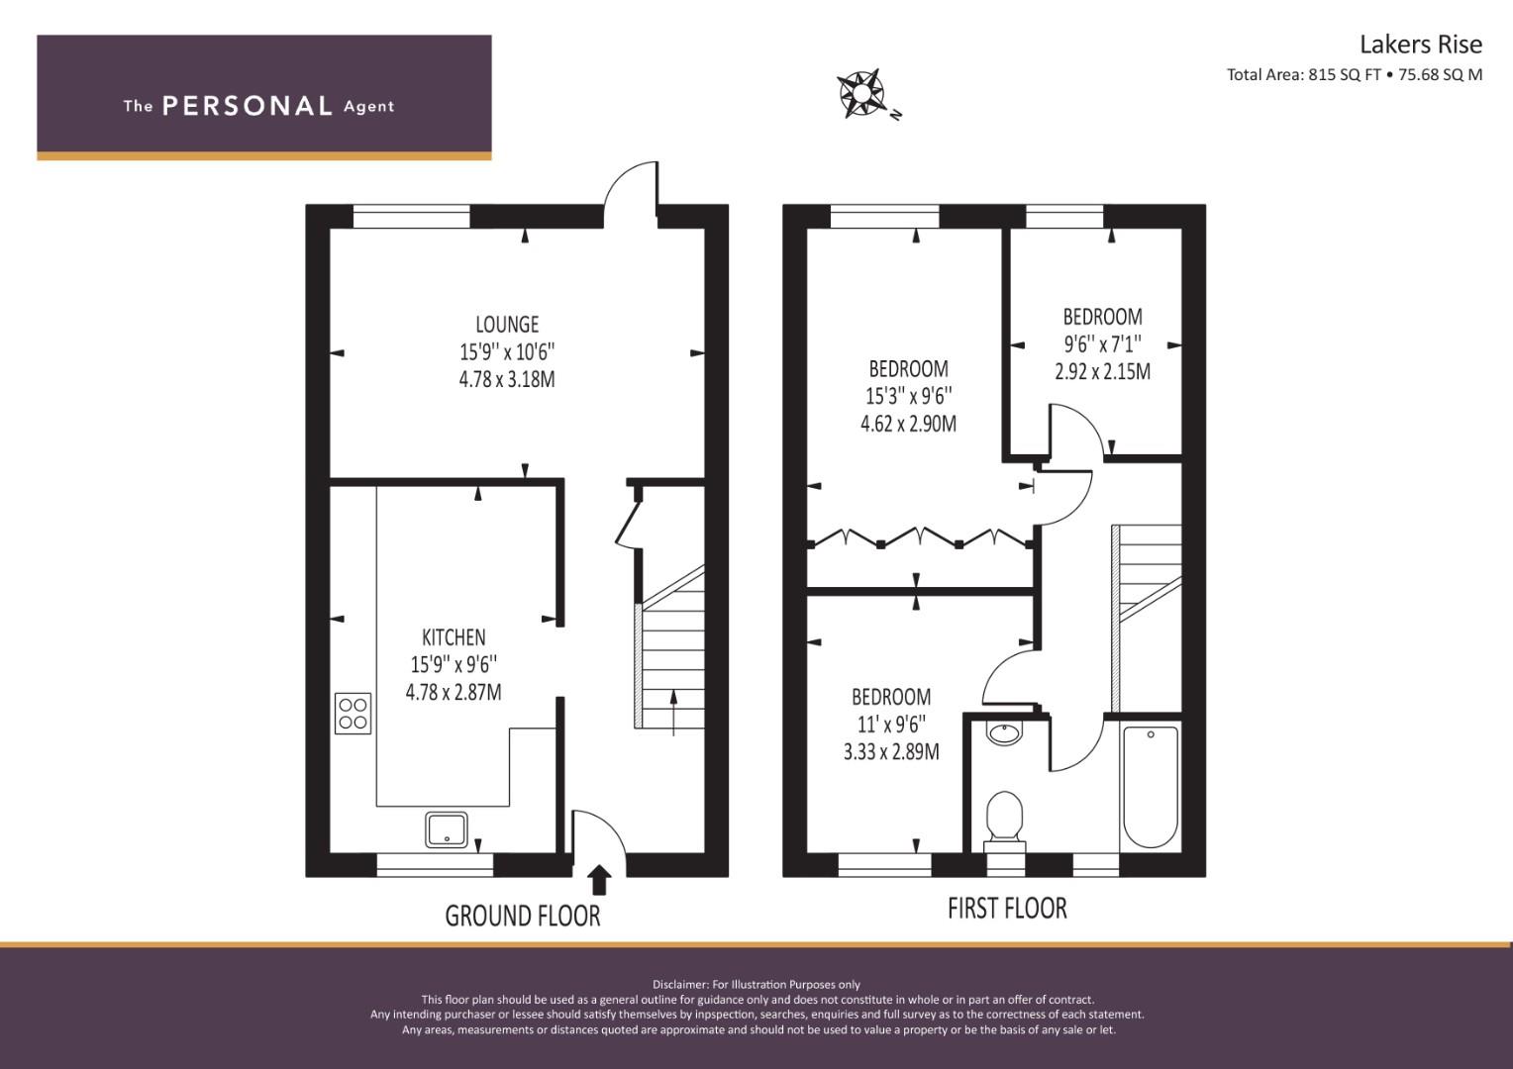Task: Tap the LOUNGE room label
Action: (507, 325)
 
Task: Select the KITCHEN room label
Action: (454, 637)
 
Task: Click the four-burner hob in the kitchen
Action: (353, 713)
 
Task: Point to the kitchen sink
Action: (447, 829)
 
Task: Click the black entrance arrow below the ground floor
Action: (599, 881)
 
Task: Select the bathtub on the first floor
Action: (1151, 787)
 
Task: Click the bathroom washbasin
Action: (1005, 733)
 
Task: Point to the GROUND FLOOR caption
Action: (523, 917)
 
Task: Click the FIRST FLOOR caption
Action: (1007, 909)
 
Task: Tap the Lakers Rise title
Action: (1421, 45)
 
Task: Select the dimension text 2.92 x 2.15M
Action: (1103, 371)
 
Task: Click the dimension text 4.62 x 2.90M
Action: (908, 424)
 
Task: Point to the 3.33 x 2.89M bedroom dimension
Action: (891, 751)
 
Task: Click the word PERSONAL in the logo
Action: (248, 106)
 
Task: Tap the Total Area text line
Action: (1355, 75)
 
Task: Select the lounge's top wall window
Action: (411, 216)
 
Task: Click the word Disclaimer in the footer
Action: (680, 985)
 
